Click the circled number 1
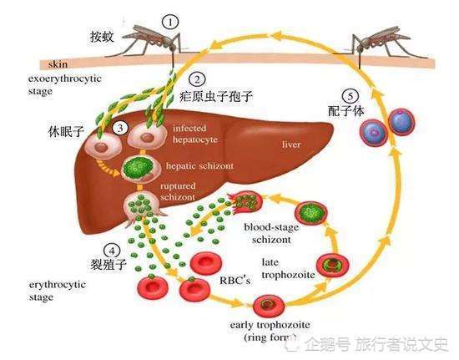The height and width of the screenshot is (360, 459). coord(171,20)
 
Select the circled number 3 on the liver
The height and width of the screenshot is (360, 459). coord(121,128)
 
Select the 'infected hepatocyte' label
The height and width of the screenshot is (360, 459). coord(194,134)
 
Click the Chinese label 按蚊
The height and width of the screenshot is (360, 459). coord(102,37)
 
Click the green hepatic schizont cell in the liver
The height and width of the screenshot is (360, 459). coord(137,166)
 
